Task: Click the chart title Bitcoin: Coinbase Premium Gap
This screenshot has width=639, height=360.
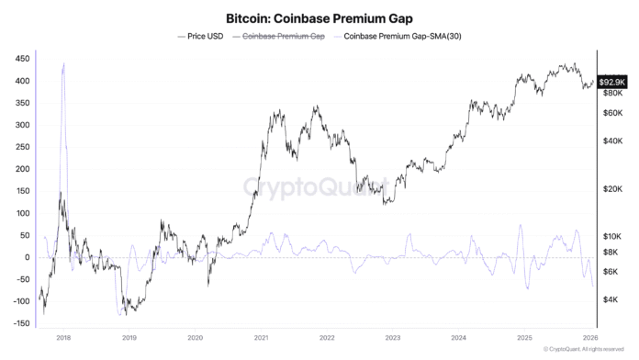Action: coord(319,17)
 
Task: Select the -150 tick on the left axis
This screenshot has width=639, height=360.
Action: coord(16,323)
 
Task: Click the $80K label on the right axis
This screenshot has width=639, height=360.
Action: coord(612,94)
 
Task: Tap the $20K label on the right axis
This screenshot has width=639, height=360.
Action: coord(612,188)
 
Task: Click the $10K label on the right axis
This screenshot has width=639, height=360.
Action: coord(612,236)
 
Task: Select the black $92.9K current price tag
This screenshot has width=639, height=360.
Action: coord(612,82)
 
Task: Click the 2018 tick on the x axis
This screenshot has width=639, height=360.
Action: coord(63,337)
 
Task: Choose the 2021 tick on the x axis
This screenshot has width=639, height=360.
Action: coord(261,337)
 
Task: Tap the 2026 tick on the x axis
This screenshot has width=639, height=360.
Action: coord(589,337)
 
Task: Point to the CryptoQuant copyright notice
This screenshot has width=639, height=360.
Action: coord(589,350)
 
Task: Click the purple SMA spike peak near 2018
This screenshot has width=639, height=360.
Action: coord(63,63)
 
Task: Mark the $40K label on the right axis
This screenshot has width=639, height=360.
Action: coord(612,141)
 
